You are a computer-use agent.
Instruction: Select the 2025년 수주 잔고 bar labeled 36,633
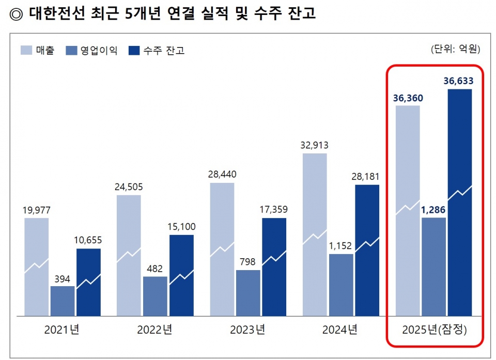460,202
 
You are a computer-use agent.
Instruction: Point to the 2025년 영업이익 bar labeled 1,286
433,266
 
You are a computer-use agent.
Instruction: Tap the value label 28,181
367,175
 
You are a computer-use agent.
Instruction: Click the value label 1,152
341,244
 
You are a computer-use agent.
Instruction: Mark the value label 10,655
88,239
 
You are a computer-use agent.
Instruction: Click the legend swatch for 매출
27,50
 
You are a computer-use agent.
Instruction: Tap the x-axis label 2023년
248,330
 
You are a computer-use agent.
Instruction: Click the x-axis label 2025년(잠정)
434,330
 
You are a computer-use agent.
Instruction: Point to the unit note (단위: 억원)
455,49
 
